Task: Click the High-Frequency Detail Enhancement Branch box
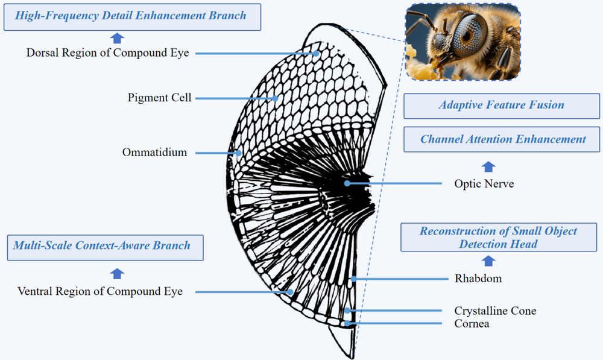pos(132,17)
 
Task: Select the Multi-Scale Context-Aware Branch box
pos(106,248)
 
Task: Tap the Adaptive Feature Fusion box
pos(502,106)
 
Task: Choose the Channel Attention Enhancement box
pos(502,139)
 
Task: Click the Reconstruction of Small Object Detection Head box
pos(499,238)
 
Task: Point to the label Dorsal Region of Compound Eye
pos(108,52)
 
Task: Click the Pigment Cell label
pos(160,98)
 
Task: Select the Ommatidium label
pos(154,153)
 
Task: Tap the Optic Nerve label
pos(484,184)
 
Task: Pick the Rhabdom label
pos(478,279)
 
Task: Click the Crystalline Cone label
pos(495,311)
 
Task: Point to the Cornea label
pos(472,323)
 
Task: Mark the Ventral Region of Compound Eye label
pos(100,291)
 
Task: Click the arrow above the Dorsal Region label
pos(117,38)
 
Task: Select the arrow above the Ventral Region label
pos(117,274)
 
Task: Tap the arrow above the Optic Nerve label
pos(488,167)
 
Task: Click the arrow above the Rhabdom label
pos(488,261)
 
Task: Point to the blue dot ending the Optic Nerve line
pos(347,183)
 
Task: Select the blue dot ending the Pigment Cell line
pos(276,98)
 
